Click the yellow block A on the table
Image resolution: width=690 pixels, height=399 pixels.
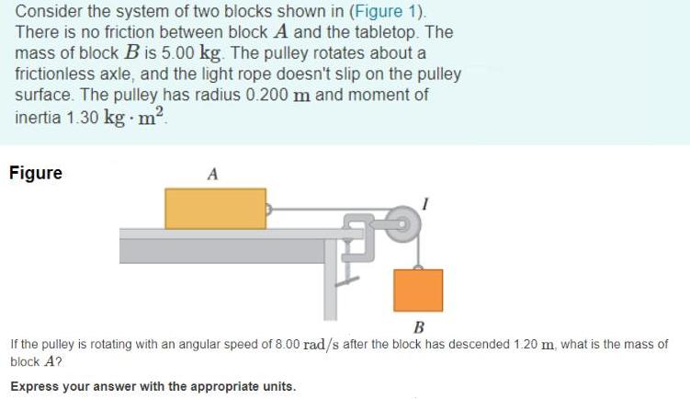tap(215, 209)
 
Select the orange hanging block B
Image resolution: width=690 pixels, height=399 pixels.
tap(418, 290)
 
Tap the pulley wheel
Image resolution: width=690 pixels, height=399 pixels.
tap(402, 222)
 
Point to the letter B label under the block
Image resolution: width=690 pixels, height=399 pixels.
tap(418, 327)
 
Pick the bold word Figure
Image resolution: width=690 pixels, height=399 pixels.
tap(36, 173)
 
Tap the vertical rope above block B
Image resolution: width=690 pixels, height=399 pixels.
tap(418, 248)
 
